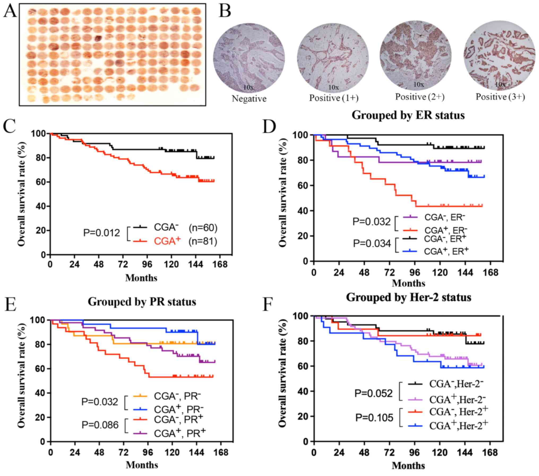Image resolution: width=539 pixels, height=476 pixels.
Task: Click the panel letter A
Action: [x=10, y=12]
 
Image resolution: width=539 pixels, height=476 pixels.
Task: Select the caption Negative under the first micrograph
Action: [x=249, y=99]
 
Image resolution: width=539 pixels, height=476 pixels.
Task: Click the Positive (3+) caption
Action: [x=500, y=97]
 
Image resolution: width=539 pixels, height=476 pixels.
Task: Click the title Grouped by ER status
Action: [x=408, y=115]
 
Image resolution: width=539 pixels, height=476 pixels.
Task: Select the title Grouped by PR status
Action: [x=142, y=302]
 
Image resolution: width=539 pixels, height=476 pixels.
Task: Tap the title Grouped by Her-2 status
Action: [x=408, y=297]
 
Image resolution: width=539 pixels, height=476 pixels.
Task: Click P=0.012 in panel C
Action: [x=102, y=233]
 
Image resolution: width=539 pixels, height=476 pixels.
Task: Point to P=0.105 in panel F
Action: [x=374, y=418]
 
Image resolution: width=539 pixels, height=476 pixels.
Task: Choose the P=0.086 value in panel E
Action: [x=100, y=425]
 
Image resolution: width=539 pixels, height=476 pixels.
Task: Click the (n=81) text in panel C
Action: [x=203, y=241]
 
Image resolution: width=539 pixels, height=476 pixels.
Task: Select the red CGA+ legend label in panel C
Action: [x=167, y=241]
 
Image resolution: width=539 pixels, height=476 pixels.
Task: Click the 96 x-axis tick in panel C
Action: [x=147, y=265]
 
